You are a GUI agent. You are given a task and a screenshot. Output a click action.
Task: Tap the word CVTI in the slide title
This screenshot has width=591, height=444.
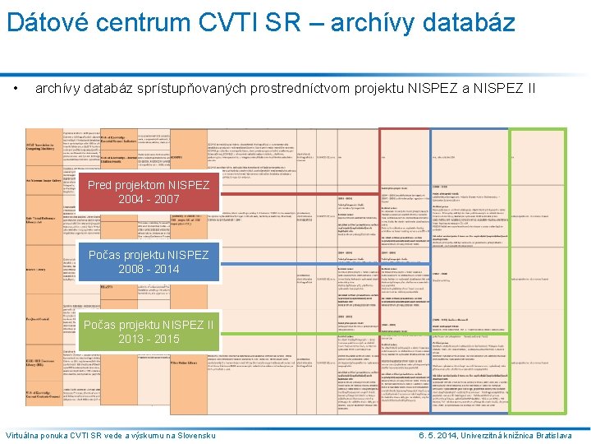238,21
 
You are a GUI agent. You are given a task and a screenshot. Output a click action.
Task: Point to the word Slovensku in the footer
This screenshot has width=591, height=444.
195,434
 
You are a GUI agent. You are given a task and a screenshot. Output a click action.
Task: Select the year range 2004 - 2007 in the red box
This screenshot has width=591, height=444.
149,200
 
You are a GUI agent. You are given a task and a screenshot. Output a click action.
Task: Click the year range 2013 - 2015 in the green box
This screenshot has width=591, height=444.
149,339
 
